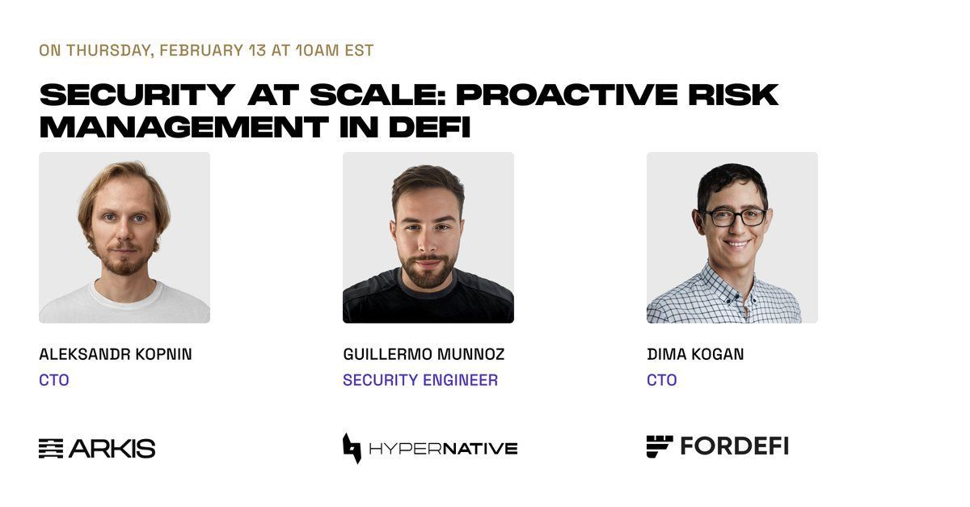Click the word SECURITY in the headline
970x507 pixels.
(137, 95)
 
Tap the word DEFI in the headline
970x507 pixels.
(429, 127)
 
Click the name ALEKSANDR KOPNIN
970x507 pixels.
(115, 354)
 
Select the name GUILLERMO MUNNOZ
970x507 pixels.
(424, 354)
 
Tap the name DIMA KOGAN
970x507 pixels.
(695, 354)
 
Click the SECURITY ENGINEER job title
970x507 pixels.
(420, 380)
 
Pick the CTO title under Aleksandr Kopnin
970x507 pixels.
(54, 380)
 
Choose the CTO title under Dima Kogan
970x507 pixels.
(662, 380)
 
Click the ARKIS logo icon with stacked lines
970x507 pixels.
(51, 449)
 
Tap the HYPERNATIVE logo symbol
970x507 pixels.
(352, 449)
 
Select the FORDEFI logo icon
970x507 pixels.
(660, 446)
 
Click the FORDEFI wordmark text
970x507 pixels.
(735, 446)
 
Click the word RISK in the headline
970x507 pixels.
(733, 95)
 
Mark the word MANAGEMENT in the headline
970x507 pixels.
(183, 127)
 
